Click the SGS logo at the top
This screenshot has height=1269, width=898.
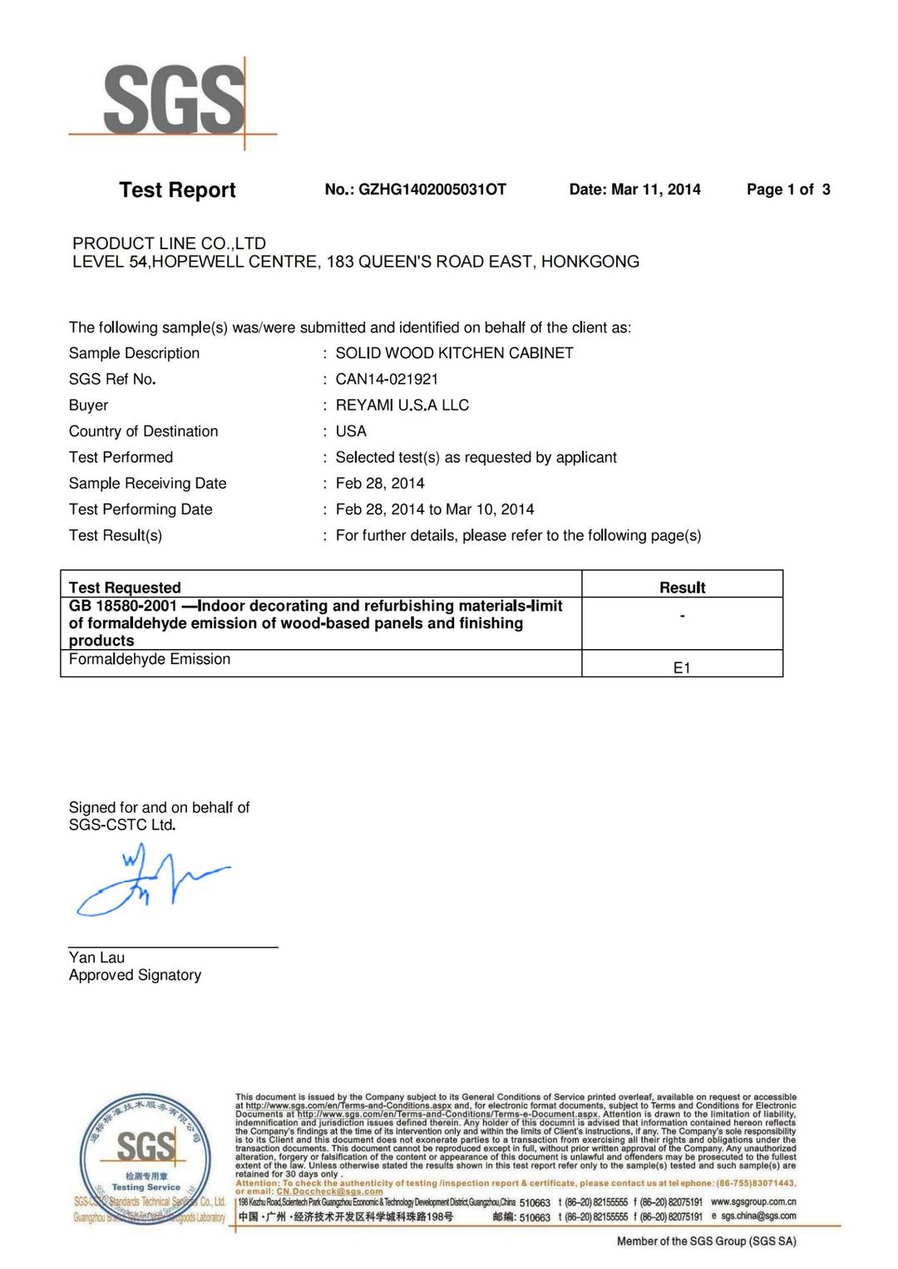pos(174,101)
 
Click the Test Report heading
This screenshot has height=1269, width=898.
pos(177,190)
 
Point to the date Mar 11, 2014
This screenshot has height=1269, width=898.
pos(655,189)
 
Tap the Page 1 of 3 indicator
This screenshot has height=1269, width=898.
pos(787,189)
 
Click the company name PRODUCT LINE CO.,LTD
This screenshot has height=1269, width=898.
pos(169,243)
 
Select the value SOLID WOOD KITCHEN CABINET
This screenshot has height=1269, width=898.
pos(454,353)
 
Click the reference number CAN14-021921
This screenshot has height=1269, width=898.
pos(387,379)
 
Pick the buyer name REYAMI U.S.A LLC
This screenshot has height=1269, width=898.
pos(402,406)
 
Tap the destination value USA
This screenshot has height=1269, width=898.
pos(351,431)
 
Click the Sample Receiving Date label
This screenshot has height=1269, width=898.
pos(147,484)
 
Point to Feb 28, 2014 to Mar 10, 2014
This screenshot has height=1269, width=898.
pos(434,509)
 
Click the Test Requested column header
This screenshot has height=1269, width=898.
pos(125,588)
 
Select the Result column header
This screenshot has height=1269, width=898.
pos(682,588)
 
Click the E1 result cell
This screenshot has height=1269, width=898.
pos(682,668)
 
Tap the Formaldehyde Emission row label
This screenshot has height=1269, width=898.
pos(150,659)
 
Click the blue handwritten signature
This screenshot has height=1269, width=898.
pos(150,881)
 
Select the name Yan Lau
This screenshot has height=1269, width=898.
pos(96,957)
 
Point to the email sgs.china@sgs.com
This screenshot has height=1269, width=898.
pos(758,1216)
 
